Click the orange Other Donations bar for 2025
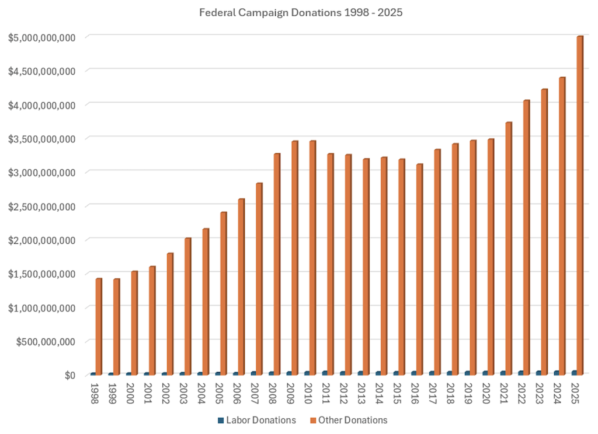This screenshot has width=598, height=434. click(580, 204)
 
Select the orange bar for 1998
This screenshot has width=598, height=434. click(99, 327)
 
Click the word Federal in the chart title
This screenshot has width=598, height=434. click(216, 12)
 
